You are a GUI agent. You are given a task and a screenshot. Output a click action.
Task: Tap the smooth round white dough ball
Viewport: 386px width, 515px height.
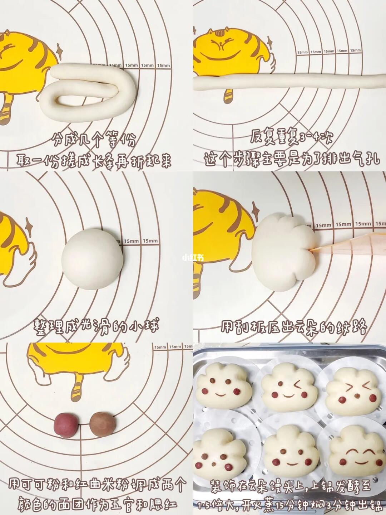(93, 259)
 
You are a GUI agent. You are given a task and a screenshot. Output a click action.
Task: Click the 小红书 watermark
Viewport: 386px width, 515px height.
(193, 258)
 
